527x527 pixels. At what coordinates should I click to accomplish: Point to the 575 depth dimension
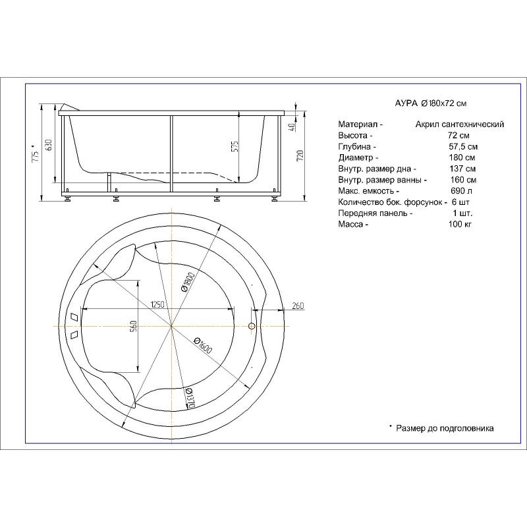coord(233,146)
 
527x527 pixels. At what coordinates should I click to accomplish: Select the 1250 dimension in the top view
coord(157,304)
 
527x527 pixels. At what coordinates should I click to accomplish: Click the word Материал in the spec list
coord(357,124)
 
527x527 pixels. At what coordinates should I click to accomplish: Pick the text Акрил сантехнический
coord(460,124)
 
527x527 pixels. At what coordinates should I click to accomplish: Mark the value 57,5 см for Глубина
coord(462,146)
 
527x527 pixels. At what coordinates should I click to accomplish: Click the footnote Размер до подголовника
coord(445,428)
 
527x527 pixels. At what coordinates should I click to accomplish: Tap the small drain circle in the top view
coord(252,326)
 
